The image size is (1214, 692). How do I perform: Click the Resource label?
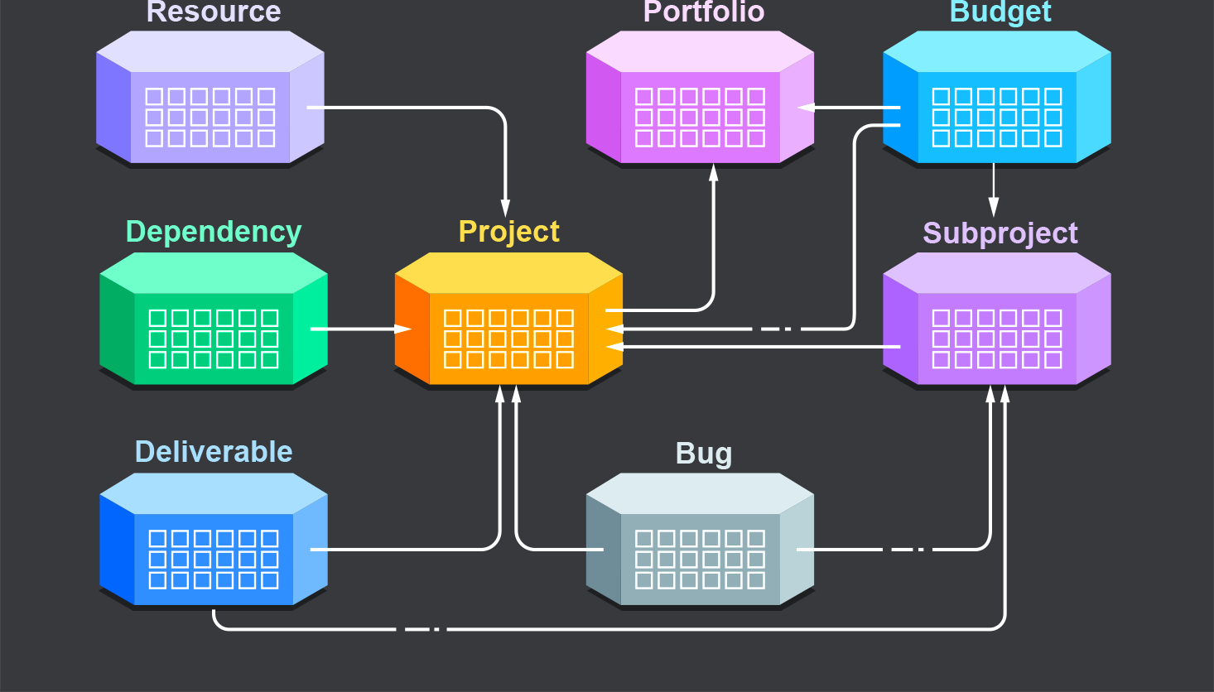[214, 12]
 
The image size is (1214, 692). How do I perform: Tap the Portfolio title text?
[703, 12]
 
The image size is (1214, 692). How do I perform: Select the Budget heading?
[1000, 12]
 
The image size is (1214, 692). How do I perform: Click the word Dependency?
[214, 232]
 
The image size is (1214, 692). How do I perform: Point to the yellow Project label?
[509, 232]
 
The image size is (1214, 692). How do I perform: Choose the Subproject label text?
[1000, 233]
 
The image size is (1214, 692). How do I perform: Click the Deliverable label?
[214, 452]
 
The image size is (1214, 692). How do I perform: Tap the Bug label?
[703, 454]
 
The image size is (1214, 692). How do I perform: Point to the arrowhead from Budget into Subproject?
[994, 208]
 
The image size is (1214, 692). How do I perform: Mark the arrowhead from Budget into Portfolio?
[806, 108]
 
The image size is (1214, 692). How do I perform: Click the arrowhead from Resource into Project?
[506, 208]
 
